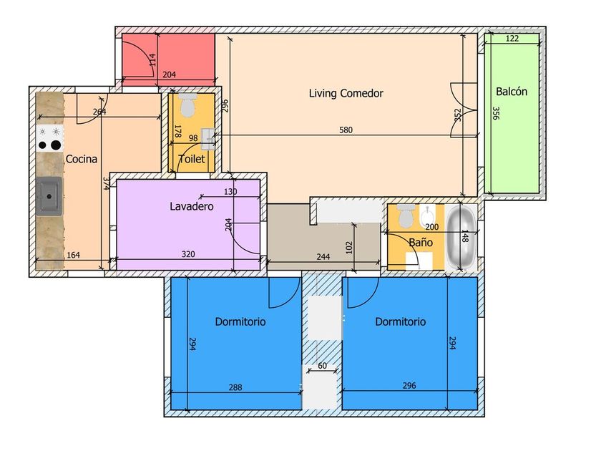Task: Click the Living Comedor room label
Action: tap(346, 93)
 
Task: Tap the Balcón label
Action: tap(512, 92)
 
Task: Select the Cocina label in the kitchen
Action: tap(82, 159)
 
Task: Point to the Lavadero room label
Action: tap(192, 206)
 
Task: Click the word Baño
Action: tap(421, 242)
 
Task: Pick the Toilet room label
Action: tap(192, 159)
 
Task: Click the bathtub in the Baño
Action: tap(461, 238)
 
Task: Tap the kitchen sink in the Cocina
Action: tap(49, 196)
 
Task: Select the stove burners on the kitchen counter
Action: tap(50, 138)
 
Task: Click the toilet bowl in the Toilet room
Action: tap(187, 105)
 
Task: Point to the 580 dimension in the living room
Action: tap(346, 130)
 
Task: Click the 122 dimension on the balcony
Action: tap(512, 39)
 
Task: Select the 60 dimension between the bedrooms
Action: tap(323, 366)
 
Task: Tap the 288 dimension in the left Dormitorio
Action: tap(235, 387)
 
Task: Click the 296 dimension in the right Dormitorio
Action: tap(409, 385)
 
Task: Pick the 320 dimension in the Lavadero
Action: tap(188, 254)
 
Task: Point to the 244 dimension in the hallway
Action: tap(323, 256)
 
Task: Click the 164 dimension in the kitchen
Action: tap(73, 255)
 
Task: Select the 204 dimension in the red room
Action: tap(169, 74)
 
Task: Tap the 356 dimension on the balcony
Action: tap(496, 113)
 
